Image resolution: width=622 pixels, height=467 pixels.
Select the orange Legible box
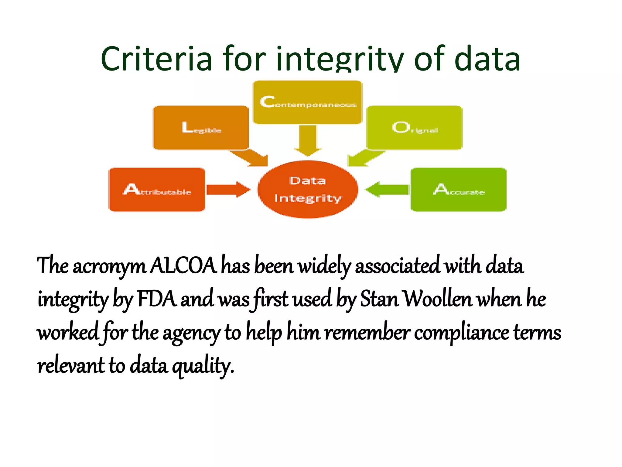pos(201,128)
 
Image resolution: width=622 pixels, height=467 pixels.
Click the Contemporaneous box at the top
pos(308,102)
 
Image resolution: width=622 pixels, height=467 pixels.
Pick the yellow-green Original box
pos(414,128)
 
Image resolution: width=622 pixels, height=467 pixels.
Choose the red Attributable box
pos(157,189)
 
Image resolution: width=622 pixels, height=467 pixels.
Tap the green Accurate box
pos(458,189)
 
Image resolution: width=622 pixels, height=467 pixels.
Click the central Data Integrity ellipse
pos(308,189)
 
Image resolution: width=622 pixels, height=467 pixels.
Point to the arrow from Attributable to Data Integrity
pos(228,189)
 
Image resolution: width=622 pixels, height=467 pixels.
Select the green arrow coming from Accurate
pos(387,189)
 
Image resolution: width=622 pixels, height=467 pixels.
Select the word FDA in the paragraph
pos(157,299)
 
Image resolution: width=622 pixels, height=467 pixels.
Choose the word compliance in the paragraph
pos(461,332)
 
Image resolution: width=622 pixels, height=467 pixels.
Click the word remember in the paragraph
pos(367,332)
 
